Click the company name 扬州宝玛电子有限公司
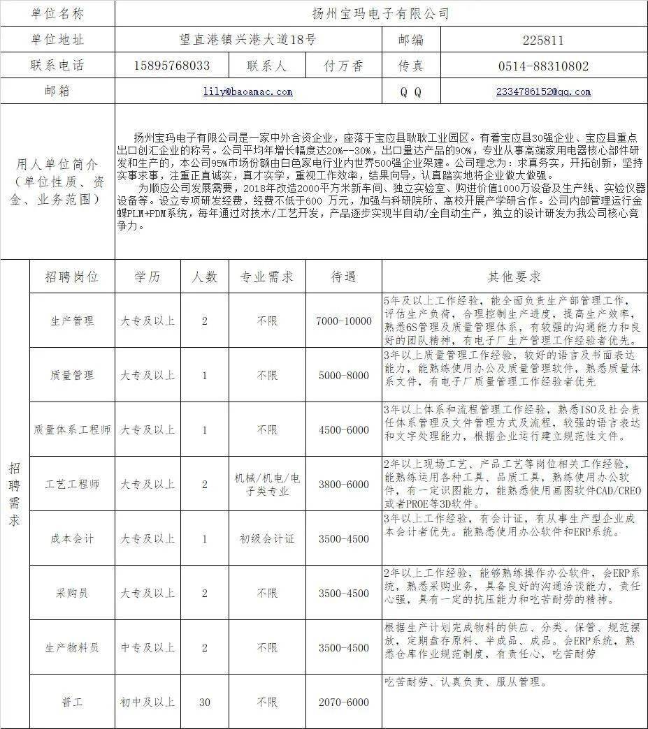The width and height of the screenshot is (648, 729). coord(380,13)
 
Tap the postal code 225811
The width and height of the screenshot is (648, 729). coord(543,40)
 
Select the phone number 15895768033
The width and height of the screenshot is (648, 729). coord(172,66)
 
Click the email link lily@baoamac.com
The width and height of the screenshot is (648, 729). coord(247,91)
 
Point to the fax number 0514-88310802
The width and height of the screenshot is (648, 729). coord(543,66)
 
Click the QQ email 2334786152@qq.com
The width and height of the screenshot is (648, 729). coord(543,91)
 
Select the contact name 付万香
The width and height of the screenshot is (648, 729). coord(344,66)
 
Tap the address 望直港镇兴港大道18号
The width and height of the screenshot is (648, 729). coord(247,40)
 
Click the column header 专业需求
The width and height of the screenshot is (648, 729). coord(267,277)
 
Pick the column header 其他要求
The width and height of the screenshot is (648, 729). coord(514,277)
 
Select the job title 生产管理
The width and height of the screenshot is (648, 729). coord(72,321)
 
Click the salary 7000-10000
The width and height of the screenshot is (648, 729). coord(344,321)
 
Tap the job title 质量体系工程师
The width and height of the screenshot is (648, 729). coord(72,430)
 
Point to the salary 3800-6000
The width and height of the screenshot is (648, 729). coord(344,485)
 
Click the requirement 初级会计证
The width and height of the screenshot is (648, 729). coord(267,539)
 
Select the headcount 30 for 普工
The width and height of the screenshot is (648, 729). coord(204,702)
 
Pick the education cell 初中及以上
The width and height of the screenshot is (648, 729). coord(147,702)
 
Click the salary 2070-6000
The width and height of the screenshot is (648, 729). coord(344,702)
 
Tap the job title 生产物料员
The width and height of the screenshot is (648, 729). coord(72,648)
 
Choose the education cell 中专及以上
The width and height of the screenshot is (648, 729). coord(147,648)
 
